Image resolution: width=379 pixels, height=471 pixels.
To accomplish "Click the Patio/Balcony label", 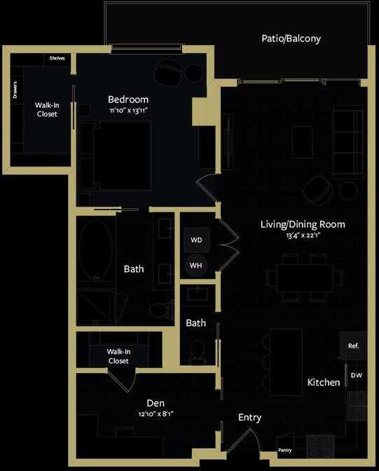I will coord(291,39).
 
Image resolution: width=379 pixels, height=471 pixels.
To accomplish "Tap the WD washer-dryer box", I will coord(196,240).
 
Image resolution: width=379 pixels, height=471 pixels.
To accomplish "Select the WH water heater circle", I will coord(196,266).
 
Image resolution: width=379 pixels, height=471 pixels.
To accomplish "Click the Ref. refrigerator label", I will coord(353,346).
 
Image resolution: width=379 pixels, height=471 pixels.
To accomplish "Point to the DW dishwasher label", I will coord(356,376).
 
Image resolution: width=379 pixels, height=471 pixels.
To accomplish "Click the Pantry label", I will coord(284,450).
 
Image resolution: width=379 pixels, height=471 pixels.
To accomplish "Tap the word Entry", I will coord(249,418).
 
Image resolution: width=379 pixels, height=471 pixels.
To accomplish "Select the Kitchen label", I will coord(324,383).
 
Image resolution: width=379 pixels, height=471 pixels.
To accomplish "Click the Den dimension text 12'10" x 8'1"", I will coord(156,414).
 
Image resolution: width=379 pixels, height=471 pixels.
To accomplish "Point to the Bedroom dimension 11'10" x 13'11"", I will coord(128,111).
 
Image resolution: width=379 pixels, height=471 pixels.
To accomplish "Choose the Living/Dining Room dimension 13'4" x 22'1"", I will coord(303,235).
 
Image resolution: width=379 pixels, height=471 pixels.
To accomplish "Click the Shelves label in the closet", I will coord(57,58).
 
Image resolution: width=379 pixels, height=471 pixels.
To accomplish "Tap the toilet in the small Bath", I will coord(198,350).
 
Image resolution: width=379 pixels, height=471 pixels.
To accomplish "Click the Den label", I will coord(156,403).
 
